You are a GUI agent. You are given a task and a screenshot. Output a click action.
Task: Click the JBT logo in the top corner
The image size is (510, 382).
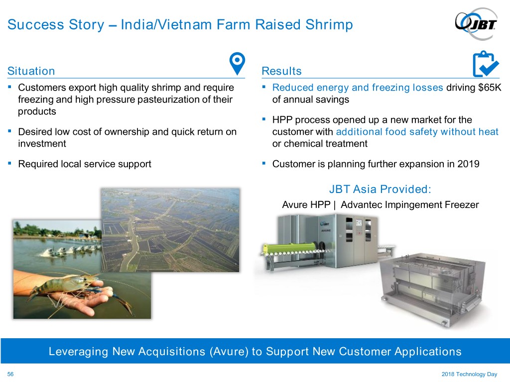pos(476,24)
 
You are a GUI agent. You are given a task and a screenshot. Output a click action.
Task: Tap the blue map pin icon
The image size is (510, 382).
pos(237,63)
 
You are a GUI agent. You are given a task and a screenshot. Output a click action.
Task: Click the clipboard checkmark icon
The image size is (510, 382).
pos(485,64)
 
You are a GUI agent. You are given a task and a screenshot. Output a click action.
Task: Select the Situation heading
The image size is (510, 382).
pos(31,71)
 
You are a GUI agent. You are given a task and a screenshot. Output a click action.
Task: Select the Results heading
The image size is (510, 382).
pos(282,71)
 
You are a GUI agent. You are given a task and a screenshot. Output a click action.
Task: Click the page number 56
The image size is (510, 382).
pos(10,374)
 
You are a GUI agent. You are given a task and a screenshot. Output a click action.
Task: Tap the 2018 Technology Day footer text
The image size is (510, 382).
pos(469,374)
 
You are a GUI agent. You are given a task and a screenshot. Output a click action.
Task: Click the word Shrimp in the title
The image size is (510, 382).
pos(329,24)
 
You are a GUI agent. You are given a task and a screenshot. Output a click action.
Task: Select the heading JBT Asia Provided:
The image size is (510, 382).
pos(380,189)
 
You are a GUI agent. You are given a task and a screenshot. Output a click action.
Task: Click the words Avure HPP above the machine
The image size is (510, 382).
pos(306,204)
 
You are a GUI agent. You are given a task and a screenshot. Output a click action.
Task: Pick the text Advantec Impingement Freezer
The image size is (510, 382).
pos(410,204)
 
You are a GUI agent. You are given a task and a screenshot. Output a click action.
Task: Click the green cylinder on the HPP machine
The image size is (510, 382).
pos(289,249)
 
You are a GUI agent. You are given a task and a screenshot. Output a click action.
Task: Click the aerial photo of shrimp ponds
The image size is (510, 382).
pos(170,230)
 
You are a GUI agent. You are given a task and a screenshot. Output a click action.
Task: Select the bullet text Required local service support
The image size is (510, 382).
pos(85,164)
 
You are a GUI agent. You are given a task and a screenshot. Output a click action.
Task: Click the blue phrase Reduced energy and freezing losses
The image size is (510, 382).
pos(358,88)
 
